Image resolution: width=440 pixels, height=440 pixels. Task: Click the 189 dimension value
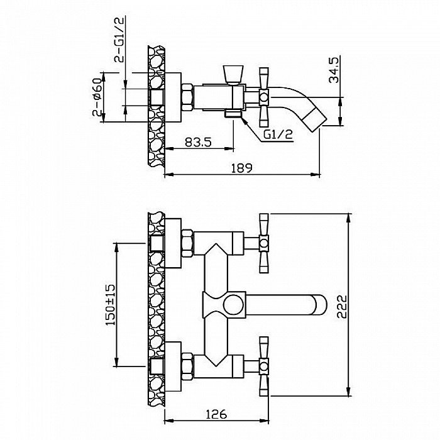(241, 168)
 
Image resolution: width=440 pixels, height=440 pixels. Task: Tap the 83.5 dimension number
(198, 142)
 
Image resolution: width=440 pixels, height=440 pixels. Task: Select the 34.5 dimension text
(334, 70)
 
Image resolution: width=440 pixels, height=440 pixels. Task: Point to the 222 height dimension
(342, 306)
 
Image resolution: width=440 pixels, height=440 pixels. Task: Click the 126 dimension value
(216, 414)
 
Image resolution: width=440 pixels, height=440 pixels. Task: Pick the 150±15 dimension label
(110, 305)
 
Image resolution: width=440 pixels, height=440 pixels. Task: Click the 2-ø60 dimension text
(97, 97)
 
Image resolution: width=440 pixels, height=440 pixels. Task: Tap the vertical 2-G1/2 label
(119, 39)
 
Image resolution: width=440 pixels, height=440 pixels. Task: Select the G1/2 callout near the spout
(278, 135)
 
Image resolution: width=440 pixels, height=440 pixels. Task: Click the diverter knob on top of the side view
(233, 75)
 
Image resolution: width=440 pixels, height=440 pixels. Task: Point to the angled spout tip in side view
(315, 118)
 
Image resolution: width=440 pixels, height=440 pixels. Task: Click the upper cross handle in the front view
(264, 243)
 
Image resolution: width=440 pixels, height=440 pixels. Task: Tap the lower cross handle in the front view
(264, 366)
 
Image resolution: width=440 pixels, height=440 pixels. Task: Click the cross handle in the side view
(264, 97)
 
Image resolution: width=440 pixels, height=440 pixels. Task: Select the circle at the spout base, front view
(233, 305)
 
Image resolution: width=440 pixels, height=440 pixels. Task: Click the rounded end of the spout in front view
(320, 305)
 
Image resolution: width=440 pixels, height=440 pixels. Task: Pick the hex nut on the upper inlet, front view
(187, 243)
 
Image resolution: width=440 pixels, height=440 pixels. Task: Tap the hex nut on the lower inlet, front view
(187, 366)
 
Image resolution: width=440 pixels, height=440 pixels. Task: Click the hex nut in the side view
(187, 97)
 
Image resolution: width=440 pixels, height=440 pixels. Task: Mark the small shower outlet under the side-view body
(233, 114)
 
